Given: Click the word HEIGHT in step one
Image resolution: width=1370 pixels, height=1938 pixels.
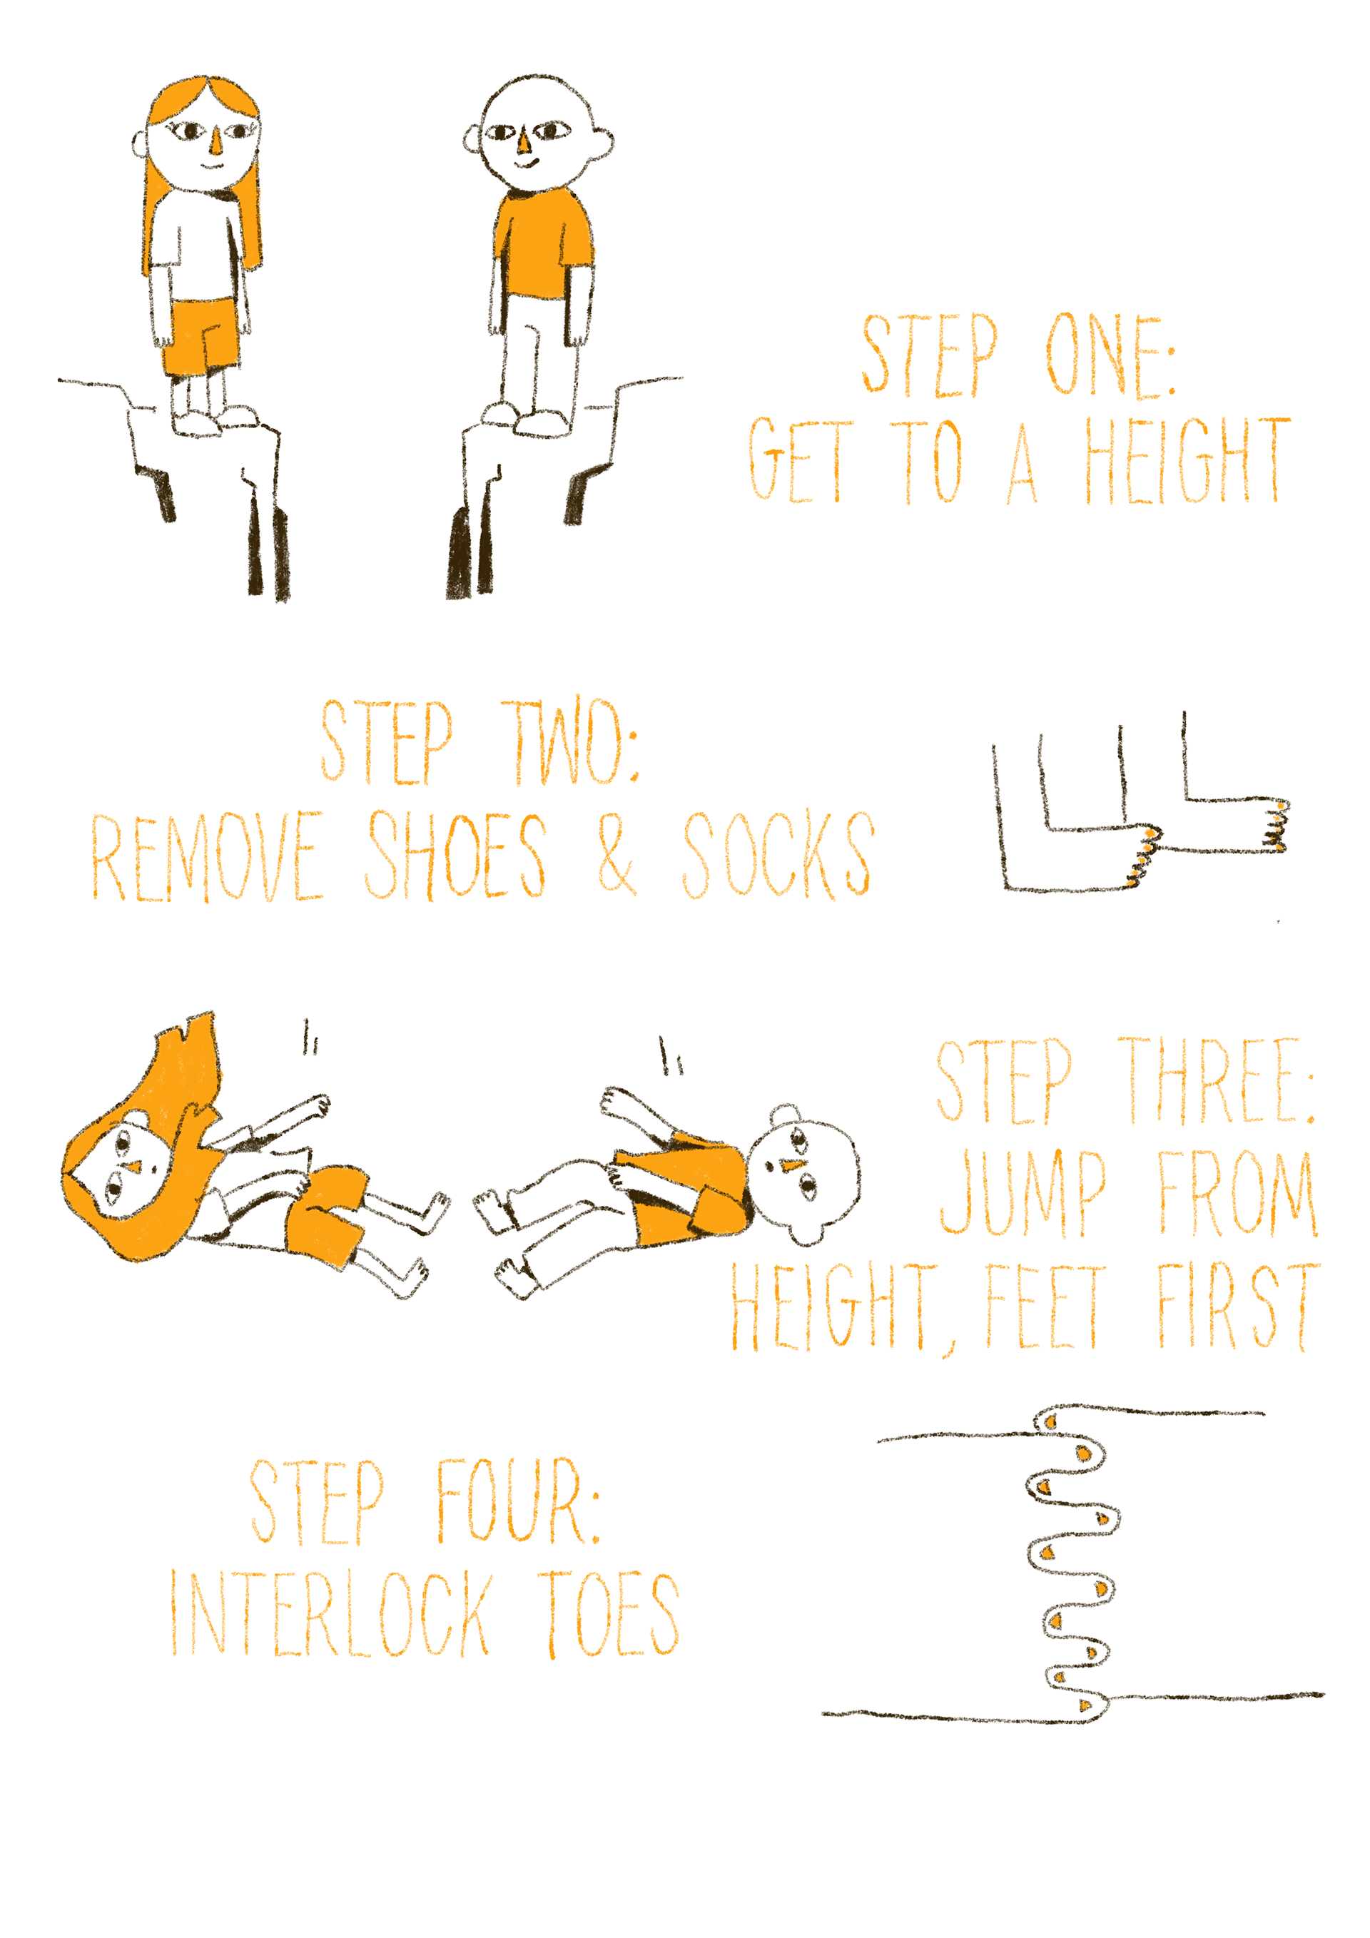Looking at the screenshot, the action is (x=1187, y=461).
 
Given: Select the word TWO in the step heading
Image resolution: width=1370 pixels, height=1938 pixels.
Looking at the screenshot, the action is (x=571, y=741).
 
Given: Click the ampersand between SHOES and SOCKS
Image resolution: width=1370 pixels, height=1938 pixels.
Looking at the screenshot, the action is (x=617, y=854).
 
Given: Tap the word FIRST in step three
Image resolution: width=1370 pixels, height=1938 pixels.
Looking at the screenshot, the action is (x=1237, y=1306).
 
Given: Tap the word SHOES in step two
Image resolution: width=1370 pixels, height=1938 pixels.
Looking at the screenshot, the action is (x=456, y=854).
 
